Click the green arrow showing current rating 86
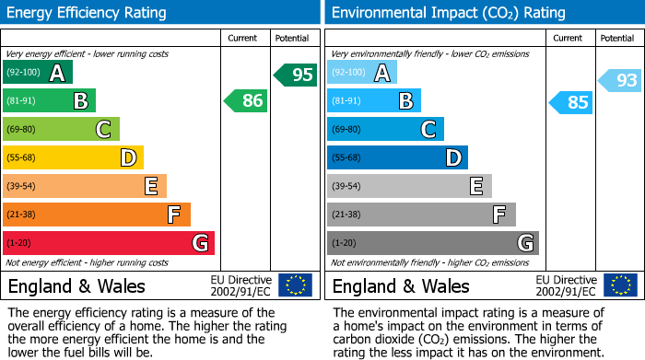click(x=246, y=100)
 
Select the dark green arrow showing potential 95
click(x=295, y=75)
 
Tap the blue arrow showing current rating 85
click(x=570, y=102)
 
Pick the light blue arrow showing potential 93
click(x=619, y=80)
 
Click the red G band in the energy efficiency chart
click(x=108, y=243)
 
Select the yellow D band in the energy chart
click(x=73, y=157)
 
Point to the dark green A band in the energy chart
click(x=37, y=73)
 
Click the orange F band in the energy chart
click(x=96, y=215)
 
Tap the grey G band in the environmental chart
click(x=432, y=243)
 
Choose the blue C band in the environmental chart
click(x=385, y=129)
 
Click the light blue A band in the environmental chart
click(x=362, y=73)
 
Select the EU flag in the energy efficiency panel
click(x=295, y=285)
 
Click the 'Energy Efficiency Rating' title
click(x=88, y=13)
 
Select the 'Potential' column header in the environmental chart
click(x=617, y=38)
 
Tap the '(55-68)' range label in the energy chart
click(x=22, y=157)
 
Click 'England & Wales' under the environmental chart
click(x=401, y=285)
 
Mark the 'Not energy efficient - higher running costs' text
click(x=88, y=262)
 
